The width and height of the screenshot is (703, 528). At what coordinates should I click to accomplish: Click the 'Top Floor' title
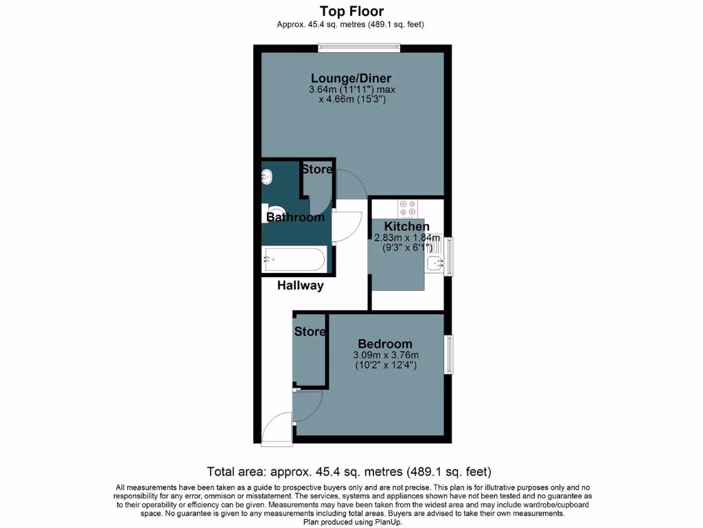pyautogui.click(x=351, y=11)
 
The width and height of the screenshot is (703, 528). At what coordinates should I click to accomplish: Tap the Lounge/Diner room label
pyautogui.click(x=351, y=78)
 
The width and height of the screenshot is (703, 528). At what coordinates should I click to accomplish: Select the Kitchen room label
pyautogui.click(x=406, y=227)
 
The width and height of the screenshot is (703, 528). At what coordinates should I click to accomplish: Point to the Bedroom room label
pyautogui.click(x=385, y=344)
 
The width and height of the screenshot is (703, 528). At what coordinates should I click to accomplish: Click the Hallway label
pyautogui.click(x=300, y=285)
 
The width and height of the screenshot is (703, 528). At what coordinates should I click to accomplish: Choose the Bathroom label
pyautogui.click(x=295, y=217)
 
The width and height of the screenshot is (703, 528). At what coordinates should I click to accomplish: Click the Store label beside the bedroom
pyautogui.click(x=310, y=331)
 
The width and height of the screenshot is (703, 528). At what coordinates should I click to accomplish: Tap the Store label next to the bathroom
pyautogui.click(x=316, y=169)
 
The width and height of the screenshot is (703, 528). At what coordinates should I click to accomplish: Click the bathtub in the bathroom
pyautogui.click(x=295, y=260)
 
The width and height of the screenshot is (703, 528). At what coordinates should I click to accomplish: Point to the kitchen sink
pyautogui.click(x=434, y=262)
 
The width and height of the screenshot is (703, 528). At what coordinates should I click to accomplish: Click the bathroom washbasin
pyautogui.click(x=267, y=177)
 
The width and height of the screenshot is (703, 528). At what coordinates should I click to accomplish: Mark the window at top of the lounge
pyautogui.click(x=359, y=47)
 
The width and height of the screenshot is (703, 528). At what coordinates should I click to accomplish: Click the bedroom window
pyautogui.click(x=448, y=355)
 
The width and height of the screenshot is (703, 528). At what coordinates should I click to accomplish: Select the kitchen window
pyautogui.click(x=448, y=256)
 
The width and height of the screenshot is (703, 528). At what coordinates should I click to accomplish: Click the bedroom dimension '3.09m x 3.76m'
pyautogui.click(x=385, y=355)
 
